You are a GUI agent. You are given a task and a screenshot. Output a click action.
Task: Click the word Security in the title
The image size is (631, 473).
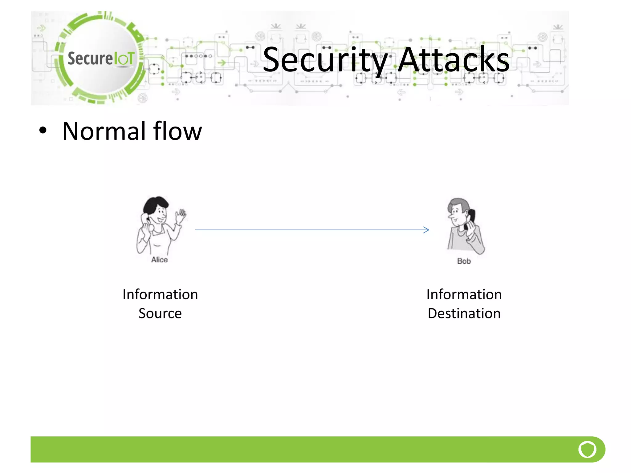[325, 60]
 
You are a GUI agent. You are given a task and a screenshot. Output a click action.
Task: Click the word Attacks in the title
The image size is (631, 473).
[454, 60]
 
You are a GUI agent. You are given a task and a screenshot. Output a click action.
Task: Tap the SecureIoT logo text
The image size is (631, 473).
[101, 59]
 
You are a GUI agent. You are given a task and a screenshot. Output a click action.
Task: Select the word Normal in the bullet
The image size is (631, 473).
[104, 131]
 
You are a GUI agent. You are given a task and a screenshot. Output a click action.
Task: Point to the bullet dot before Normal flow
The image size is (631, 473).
[43, 131]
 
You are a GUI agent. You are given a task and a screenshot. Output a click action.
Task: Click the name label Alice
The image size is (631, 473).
[159, 260]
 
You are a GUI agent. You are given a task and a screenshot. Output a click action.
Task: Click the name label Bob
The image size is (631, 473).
[464, 261]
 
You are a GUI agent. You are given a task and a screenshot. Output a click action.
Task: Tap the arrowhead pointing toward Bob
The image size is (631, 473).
[427, 230]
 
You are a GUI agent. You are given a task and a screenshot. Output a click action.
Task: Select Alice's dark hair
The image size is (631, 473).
[154, 205]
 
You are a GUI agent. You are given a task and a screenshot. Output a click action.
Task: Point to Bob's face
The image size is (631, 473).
[456, 214]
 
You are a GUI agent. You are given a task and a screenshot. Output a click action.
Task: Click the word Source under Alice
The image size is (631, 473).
[160, 313]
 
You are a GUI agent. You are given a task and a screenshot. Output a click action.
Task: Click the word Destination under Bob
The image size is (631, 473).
[464, 313]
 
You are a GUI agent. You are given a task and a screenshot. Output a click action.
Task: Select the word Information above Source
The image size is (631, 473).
[160, 295]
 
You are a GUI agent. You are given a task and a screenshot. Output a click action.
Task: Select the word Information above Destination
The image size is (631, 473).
[464, 295]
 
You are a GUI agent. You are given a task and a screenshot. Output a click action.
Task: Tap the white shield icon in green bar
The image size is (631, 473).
[587, 449]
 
